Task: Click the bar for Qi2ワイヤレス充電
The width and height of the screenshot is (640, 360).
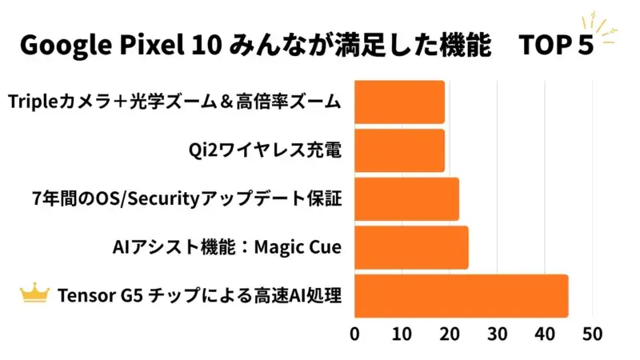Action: click(398, 150)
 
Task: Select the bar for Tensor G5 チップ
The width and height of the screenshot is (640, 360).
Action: click(460, 295)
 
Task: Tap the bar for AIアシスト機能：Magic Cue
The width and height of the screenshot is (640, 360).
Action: click(410, 247)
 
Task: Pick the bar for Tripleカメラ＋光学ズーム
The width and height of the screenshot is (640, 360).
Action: click(398, 102)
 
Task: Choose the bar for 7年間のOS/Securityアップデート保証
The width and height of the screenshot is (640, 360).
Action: click(406, 198)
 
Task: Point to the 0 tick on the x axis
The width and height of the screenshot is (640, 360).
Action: click(354, 333)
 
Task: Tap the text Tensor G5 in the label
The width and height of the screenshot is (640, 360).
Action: click(91, 296)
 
